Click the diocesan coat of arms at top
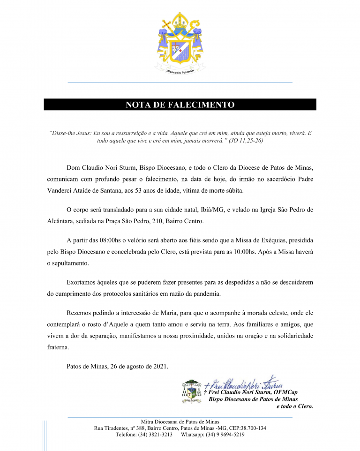[180, 43]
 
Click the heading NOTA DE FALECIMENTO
[180, 105]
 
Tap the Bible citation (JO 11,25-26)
[246, 141]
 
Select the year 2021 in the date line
[160, 366]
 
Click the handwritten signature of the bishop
[244, 382]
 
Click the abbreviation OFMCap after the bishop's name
[285, 392]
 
